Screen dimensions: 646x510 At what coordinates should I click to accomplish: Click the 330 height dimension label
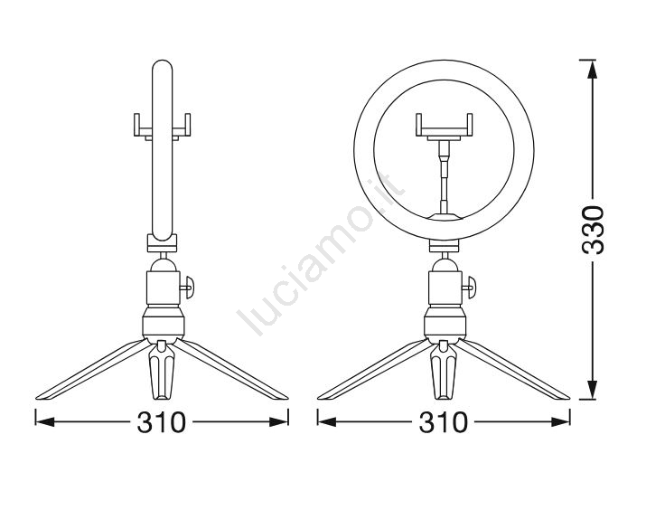[x=593, y=230]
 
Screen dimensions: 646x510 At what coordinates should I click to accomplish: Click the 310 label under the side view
[x=161, y=422]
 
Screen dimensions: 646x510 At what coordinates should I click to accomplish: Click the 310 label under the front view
[x=444, y=422]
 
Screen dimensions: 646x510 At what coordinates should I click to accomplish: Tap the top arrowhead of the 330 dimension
[x=592, y=70]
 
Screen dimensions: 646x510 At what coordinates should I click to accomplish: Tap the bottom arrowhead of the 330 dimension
[x=592, y=390]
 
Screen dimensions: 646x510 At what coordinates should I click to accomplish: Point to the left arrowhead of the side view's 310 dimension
[x=45, y=421]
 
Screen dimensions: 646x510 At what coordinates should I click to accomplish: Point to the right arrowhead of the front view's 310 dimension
[x=561, y=421]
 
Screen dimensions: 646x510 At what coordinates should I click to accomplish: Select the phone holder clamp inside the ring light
[x=444, y=126]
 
